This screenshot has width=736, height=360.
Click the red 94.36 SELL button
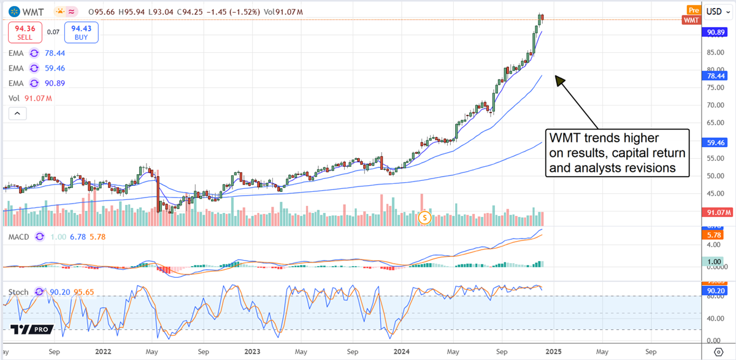(x=25, y=33)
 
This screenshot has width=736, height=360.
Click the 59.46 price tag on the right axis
(x=713, y=142)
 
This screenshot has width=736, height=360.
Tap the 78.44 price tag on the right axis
(x=713, y=75)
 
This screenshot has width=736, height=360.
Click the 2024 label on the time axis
(x=401, y=353)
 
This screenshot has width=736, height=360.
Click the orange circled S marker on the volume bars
(x=424, y=217)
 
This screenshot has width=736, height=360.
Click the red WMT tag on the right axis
(x=691, y=20)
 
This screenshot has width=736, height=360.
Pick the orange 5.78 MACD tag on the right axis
(x=713, y=235)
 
